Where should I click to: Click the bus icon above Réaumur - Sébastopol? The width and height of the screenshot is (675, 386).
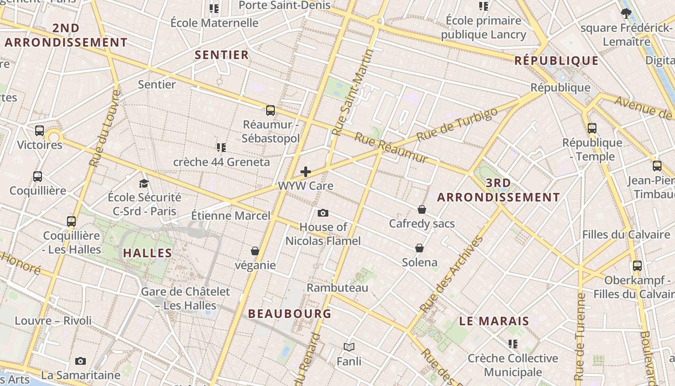click(270, 110)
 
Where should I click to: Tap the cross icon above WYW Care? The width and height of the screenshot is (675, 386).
click(305, 172)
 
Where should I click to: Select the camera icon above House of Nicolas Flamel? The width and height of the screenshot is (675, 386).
click(323, 213)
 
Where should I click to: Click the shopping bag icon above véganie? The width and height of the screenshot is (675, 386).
click(255, 251)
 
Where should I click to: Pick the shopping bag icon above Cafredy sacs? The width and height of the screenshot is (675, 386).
click(422, 209)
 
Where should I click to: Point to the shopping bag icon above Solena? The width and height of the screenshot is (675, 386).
click(419, 248)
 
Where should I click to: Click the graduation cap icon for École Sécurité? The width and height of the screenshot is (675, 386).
click(144, 183)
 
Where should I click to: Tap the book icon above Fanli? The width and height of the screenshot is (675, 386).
click(349, 347)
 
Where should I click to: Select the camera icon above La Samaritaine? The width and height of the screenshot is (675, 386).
click(81, 361)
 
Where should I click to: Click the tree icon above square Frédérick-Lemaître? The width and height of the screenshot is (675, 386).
click(626, 14)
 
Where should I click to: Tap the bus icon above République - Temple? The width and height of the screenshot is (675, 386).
click(592, 128)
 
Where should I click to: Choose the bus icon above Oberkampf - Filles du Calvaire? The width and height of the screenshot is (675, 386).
click(637, 266)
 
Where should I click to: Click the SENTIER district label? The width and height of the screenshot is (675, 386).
click(222, 55)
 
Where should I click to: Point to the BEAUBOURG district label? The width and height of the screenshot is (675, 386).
click(290, 314)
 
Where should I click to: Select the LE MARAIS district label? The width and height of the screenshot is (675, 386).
click(494, 321)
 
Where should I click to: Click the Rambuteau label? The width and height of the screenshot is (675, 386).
click(337, 288)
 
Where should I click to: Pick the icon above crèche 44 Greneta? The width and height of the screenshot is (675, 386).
click(221, 147)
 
